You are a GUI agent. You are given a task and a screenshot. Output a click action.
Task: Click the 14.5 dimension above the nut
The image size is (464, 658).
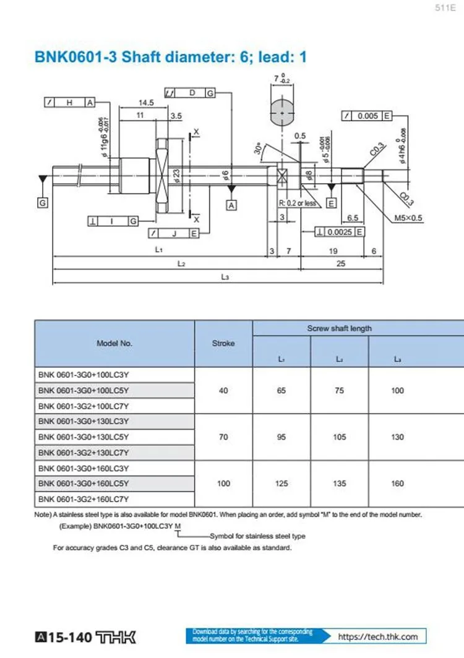[x=146, y=103]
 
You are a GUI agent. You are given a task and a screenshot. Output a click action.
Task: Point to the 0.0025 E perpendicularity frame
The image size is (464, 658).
[x=338, y=231]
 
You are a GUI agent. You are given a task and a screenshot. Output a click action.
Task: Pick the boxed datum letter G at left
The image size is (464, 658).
[x=43, y=203]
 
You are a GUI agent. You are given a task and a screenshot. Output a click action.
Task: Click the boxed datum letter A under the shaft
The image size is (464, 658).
[x=231, y=205]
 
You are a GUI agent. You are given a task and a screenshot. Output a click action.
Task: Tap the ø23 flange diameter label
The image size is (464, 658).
[x=177, y=177]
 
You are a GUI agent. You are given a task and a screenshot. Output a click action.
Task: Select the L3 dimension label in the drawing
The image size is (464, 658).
[x=225, y=278]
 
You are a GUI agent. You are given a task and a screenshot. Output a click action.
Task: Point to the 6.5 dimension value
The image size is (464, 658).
[x=353, y=218]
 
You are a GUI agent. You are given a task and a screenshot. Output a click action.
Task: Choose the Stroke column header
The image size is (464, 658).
[x=223, y=343]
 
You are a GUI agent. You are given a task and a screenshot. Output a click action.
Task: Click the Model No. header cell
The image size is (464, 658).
[x=114, y=343]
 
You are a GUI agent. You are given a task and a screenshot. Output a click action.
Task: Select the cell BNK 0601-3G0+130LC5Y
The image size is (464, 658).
[x=84, y=437]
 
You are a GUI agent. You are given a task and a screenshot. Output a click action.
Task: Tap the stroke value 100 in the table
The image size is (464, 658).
[x=223, y=484]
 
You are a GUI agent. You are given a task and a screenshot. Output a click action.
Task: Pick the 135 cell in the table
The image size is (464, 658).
[x=339, y=484]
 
